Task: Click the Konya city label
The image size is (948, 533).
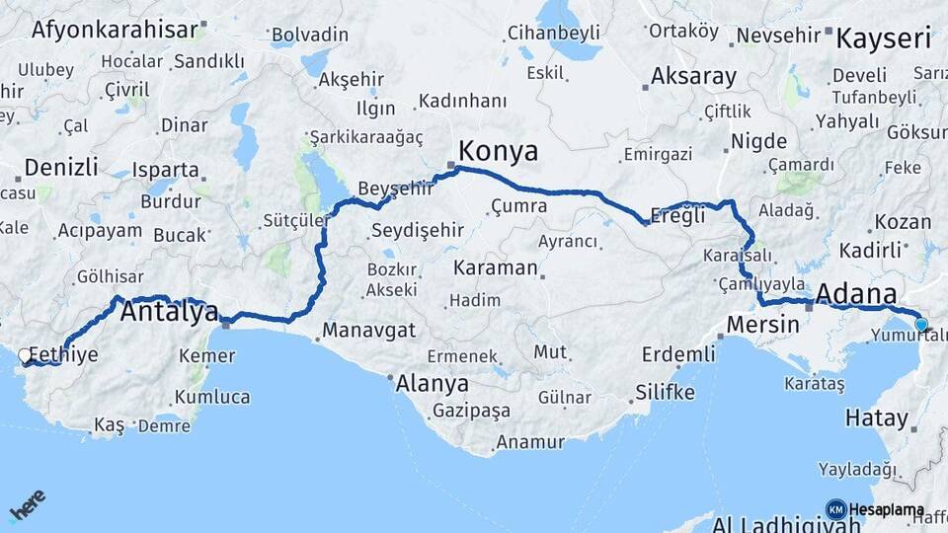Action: (x=499, y=151)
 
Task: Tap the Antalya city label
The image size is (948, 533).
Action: (x=169, y=314)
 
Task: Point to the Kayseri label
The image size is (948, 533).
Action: (x=884, y=39)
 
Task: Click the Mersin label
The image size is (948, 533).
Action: (x=762, y=324)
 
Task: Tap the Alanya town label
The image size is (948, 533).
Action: (x=432, y=385)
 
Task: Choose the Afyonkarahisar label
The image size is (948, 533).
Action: (x=115, y=29)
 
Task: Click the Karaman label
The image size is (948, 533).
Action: (x=496, y=267)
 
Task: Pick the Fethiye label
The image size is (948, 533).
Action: (x=64, y=354)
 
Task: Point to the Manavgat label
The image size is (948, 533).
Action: (x=368, y=331)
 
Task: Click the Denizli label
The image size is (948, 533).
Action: (x=61, y=166)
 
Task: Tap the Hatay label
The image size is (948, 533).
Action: (x=876, y=418)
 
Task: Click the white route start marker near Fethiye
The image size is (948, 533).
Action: (x=25, y=354)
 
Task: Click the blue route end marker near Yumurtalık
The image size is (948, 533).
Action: (x=921, y=324)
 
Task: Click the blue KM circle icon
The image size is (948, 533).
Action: (x=835, y=510)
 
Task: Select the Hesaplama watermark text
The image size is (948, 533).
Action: (x=887, y=510)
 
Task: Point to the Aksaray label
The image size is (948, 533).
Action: (x=693, y=77)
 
